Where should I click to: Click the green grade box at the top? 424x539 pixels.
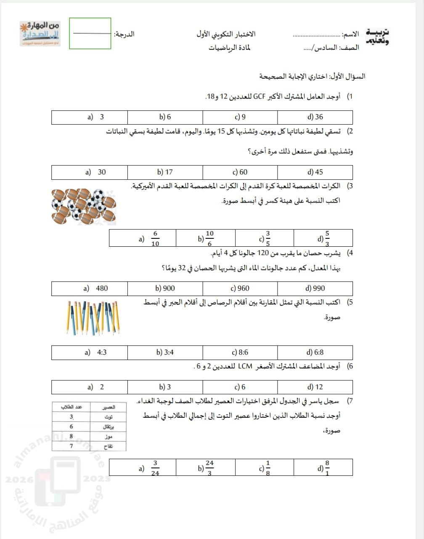pos(90,33)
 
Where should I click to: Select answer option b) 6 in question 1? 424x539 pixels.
pos(165,117)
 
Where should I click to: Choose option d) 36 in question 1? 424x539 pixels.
pos(315,117)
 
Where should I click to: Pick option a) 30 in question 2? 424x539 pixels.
pos(95,172)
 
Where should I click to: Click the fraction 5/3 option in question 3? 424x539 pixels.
pos(323,238)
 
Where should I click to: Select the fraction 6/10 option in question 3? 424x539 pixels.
pos(151,238)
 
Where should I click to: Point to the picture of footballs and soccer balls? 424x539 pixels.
pos(84,206)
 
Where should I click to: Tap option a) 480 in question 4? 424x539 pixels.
pos(96,288)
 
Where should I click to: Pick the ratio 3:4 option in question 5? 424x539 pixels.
pos(165,352)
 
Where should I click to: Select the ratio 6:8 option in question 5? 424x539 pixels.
pos(315,352)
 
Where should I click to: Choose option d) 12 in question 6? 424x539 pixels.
pos(315,387)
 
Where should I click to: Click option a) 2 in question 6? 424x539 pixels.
pos(96,387)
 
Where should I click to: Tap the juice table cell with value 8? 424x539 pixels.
pos(71,437)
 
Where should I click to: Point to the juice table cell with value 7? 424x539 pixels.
pos(71,446)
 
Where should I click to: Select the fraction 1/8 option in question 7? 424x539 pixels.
pos(265,468)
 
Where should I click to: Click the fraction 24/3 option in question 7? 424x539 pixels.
pos(206,468)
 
